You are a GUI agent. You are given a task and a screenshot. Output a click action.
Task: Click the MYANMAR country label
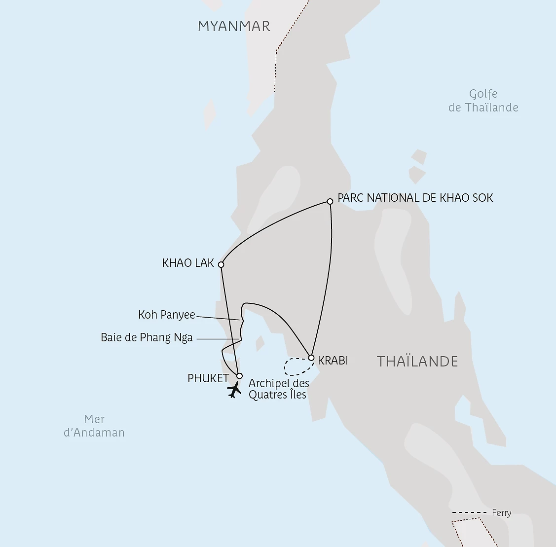[x=234, y=26]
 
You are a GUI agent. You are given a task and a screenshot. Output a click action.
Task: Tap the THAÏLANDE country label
[x=417, y=362]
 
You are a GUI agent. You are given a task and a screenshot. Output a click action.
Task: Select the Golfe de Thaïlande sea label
[x=483, y=101]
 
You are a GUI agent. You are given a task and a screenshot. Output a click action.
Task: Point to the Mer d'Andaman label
[x=94, y=426]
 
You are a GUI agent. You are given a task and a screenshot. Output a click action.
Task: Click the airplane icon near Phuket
[x=234, y=391]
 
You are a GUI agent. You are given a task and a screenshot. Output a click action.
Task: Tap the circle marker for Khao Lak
[x=221, y=264]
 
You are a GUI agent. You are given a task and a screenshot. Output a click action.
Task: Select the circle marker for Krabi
[x=311, y=358]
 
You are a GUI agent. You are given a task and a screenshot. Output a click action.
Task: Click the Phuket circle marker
[x=239, y=376]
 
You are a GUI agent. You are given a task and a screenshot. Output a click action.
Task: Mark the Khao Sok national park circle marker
[x=330, y=201]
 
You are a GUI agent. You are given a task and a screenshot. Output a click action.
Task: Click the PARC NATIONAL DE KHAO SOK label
[x=415, y=198]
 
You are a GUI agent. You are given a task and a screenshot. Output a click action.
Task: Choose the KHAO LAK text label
[x=188, y=263]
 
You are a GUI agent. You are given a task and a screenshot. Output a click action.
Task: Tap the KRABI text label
[x=333, y=361]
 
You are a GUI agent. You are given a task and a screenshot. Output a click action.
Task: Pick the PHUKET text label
[x=208, y=378]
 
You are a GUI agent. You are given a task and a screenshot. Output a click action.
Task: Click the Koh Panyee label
[x=167, y=315]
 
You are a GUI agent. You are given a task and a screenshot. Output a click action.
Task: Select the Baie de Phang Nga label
[x=147, y=338]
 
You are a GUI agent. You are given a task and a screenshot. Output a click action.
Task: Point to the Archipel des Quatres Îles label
[x=279, y=389]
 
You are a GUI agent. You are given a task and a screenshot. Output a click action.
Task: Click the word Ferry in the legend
[x=502, y=513]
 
